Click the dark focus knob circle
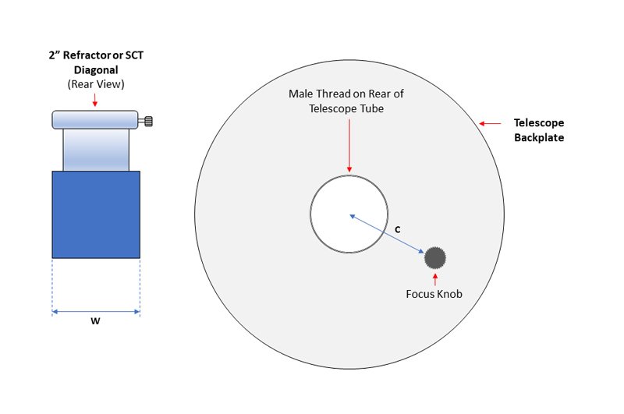pyautogui.click(x=435, y=258)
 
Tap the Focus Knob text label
pyautogui.click(x=434, y=294)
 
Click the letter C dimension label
pyautogui.click(x=397, y=229)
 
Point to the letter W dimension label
pyautogui.click(x=95, y=321)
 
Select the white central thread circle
pyautogui.click(x=349, y=214)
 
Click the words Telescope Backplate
pyautogui.click(x=539, y=130)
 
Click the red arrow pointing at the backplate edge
pyautogui.click(x=490, y=124)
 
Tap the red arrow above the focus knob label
pyautogui.click(x=435, y=279)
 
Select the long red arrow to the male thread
pyautogui.click(x=349, y=146)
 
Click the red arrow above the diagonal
pyautogui.click(x=94, y=100)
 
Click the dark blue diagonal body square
pyautogui.click(x=96, y=214)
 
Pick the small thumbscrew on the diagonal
pyautogui.click(x=146, y=121)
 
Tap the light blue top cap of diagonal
pyautogui.click(x=95, y=120)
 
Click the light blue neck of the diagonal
pyautogui.click(x=96, y=150)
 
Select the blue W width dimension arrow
pyautogui.click(x=96, y=312)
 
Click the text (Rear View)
pyautogui.click(x=96, y=84)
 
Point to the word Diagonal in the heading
pyautogui.click(x=96, y=70)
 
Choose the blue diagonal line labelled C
pyautogui.click(x=387, y=234)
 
